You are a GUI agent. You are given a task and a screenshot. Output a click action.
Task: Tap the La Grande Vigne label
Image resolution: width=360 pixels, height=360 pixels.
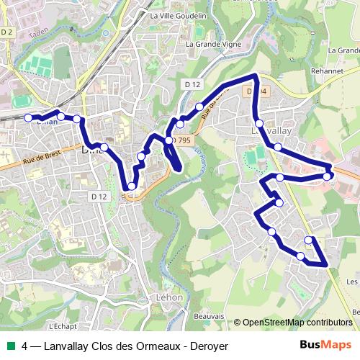pyautogui.click(x=213, y=44)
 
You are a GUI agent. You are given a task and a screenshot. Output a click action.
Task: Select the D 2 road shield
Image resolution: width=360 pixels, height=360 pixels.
pyautogui.click(x=8, y=32)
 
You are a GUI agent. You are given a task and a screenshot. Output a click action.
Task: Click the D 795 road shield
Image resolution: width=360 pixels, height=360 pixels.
pyautogui.click(x=181, y=140)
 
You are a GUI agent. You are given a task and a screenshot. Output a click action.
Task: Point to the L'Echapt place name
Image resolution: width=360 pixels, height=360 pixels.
pyautogui.click(x=66, y=324)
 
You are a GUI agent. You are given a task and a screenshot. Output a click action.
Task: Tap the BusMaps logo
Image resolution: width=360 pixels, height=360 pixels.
pyautogui.click(x=325, y=345)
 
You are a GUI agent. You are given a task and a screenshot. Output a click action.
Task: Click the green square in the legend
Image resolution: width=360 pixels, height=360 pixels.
pyautogui.click(x=9, y=346)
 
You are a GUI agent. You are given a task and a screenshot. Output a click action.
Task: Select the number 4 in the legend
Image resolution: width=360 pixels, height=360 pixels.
pyautogui.click(x=25, y=346)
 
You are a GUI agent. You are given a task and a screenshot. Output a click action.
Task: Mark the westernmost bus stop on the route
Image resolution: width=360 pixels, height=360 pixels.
pyautogui.click(x=29, y=117)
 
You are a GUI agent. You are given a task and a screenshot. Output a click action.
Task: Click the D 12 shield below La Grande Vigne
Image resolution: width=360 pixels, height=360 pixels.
pyautogui.click(x=192, y=84)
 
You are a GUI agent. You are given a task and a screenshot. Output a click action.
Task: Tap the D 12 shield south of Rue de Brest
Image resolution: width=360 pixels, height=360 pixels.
pyautogui.click(x=99, y=196)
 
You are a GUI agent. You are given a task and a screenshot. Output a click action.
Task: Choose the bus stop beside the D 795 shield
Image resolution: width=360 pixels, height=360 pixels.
pyautogui.click(x=169, y=140)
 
